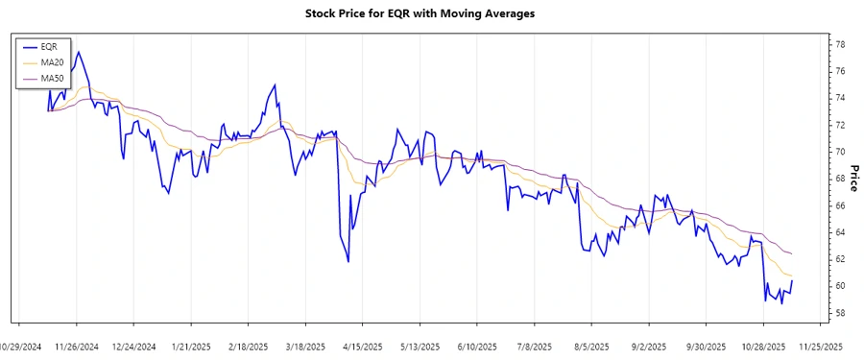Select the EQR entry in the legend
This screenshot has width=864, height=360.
point(50,46)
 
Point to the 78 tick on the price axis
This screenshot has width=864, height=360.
point(839,44)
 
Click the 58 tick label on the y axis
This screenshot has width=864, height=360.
point(839,313)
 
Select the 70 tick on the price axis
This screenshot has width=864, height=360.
point(839,152)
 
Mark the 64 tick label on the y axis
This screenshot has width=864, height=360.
point(839,232)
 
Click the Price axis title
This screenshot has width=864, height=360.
point(854,179)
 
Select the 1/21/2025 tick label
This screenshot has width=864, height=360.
point(189,346)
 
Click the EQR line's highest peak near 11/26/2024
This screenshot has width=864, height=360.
point(78,52)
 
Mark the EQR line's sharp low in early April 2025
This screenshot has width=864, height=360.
point(348,261)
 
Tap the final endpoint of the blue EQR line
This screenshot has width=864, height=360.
point(792,280)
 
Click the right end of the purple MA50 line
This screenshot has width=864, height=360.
point(792,253)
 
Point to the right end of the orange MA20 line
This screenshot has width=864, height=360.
point(792,276)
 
